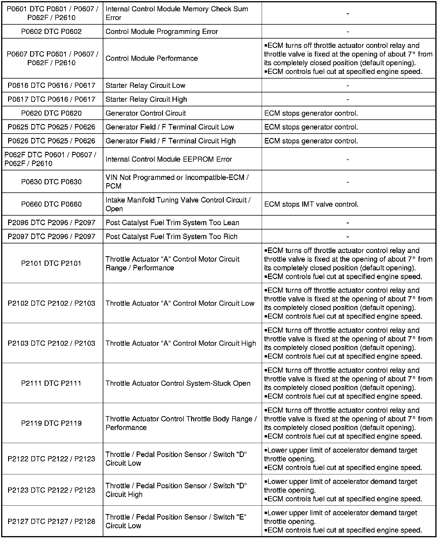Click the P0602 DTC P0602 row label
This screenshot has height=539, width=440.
(x=52, y=32)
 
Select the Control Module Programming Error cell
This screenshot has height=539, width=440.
(x=162, y=32)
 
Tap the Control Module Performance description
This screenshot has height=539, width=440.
(x=152, y=59)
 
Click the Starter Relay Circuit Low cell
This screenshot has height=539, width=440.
(x=145, y=85)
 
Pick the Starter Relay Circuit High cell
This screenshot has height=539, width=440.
(x=146, y=99)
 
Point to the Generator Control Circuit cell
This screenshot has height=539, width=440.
(x=146, y=113)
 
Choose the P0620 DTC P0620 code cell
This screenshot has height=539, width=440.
(x=52, y=113)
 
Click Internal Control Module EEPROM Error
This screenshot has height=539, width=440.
(x=169, y=159)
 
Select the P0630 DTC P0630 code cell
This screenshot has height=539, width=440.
(x=52, y=182)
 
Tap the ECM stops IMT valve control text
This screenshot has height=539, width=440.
(x=311, y=204)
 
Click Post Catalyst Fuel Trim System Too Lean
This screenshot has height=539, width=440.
(x=172, y=223)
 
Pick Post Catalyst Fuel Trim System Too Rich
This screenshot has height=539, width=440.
(x=171, y=237)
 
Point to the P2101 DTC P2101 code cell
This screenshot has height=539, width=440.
(x=51, y=263)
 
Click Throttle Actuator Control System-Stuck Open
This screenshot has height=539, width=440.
(x=178, y=383)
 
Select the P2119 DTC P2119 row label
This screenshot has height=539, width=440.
(x=51, y=423)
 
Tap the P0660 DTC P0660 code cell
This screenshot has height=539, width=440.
(x=52, y=204)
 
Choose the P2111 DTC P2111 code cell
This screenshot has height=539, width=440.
(x=51, y=383)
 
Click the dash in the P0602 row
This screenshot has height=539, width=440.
(x=347, y=32)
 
